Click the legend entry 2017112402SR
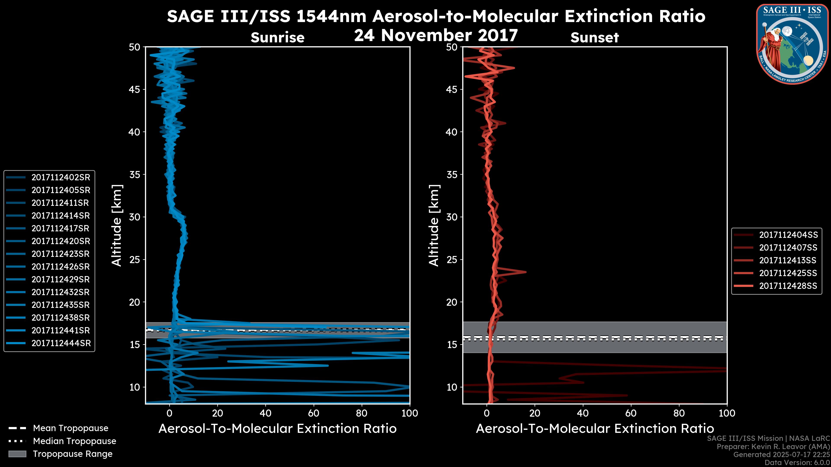click(61, 177)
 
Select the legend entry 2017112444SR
click(61, 343)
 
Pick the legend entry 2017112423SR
click(60, 254)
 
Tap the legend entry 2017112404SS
click(788, 235)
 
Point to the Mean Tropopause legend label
click(71, 428)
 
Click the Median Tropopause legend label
click(74, 441)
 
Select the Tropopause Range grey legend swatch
click(17, 454)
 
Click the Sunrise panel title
click(277, 38)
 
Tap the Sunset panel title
click(594, 38)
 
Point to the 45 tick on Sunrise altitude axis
click(135, 89)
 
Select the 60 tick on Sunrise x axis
click(314, 413)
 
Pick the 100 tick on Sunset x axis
click(727, 413)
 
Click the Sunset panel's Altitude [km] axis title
click(434, 226)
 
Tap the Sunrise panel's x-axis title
click(277, 429)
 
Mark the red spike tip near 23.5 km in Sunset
click(526, 272)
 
